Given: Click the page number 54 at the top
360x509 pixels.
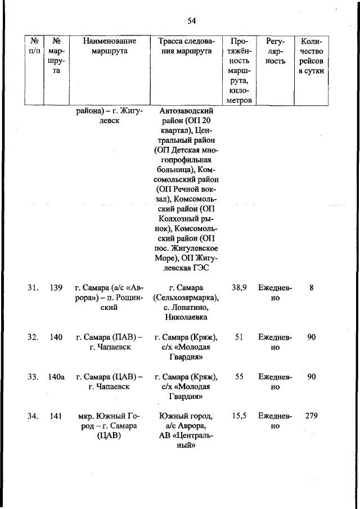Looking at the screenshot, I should [x=191, y=21].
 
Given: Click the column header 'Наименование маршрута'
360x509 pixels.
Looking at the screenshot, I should [x=109, y=46].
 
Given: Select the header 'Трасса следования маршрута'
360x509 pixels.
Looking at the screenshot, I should [x=185, y=46].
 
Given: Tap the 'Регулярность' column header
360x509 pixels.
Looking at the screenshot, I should [x=275, y=51].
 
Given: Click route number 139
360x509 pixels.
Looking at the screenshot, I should [x=56, y=287].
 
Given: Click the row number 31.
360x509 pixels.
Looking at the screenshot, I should [x=33, y=287].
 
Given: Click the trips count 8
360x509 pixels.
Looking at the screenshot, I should [x=311, y=287].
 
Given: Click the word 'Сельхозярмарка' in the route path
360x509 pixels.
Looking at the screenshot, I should [x=186, y=298].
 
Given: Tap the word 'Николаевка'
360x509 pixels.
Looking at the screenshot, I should [x=185, y=318].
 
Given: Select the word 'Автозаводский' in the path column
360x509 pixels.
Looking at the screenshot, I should [x=185, y=110].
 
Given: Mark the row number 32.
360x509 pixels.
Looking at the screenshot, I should [x=33, y=337].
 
